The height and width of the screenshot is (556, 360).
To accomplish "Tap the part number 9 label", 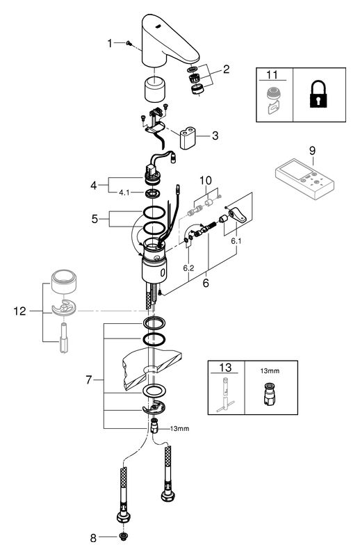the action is pos(312,151).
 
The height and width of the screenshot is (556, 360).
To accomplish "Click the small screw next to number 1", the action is pos(129,43).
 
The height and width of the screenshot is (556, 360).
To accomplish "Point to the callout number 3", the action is pos(215,136).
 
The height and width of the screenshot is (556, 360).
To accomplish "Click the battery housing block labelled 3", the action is pos(188,138).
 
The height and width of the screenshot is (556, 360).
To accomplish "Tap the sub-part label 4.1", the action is pos(124,193).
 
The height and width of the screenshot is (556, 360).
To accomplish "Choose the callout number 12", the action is pos(20,311).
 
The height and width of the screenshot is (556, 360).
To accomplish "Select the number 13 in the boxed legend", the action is pos(225,367).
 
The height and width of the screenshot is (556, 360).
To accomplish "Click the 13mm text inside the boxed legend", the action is pos(270,371).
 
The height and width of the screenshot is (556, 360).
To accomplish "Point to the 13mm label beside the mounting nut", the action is pos(179,428).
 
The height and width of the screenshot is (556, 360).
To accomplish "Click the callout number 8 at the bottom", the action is pos(93,538).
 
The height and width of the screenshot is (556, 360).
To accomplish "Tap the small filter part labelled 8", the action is pos(124,537).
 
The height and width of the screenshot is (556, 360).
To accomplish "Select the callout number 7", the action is pos(89,379).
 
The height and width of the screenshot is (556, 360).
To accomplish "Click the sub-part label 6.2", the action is pos(189,268).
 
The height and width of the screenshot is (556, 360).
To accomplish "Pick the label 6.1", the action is pos(236,241).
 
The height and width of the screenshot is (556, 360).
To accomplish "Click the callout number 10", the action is pos(206,180).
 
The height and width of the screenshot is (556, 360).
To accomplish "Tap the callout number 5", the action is pos(95,219).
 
